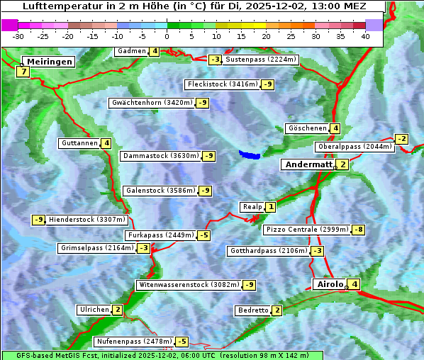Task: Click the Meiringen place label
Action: tap(48, 62)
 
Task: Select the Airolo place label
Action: tap(329, 284)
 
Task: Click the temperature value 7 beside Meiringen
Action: tap(23, 72)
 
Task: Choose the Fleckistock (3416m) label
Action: tap(221, 84)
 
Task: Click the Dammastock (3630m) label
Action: tap(161, 156)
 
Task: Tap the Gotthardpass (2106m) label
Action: tap(268, 251)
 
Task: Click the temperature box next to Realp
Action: tap(271, 206)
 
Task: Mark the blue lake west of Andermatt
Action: tap(250, 154)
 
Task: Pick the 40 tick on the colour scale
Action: tap(365, 35)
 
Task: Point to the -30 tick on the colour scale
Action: tap(18, 35)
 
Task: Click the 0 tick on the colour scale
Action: tap(167, 35)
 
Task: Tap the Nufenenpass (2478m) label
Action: tap(134, 342)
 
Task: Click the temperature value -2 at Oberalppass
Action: tap(402, 139)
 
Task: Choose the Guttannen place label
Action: tap(79, 143)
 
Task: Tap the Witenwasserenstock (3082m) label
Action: tap(189, 285)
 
